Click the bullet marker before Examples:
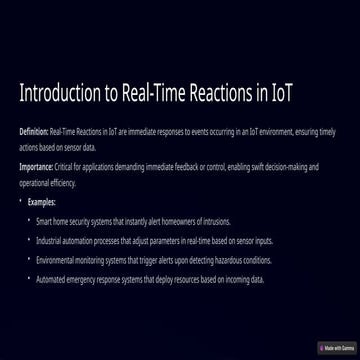[x=21, y=201]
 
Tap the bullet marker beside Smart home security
[x=28, y=221]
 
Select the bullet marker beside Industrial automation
[x=28, y=241]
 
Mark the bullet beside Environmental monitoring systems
[x=28, y=260]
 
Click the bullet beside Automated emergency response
[x=28, y=280]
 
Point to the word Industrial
[x=48, y=241]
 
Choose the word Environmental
[x=54, y=260]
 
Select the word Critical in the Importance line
[x=67, y=166]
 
